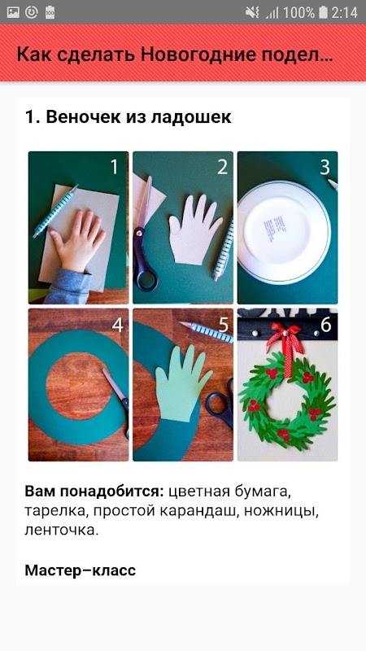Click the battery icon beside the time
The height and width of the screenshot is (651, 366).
point(323,12)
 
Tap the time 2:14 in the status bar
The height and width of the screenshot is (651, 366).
point(344,12)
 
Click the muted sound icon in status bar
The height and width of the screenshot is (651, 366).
point(252,12)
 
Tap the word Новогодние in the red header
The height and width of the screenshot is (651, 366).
point(198,55)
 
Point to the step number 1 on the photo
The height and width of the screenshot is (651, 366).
point(114,167)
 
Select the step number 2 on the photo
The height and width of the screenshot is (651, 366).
point(222,167)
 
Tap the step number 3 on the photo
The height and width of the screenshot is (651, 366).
point(325,167)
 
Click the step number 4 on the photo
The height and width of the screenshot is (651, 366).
point(117,325)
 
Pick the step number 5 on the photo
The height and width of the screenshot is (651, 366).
point(223,325)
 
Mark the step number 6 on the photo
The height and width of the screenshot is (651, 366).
point(326,325)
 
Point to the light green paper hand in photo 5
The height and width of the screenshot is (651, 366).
point(181,384)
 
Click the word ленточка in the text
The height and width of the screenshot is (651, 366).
point(62,531)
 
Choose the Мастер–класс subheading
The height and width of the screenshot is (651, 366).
point(80,570)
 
